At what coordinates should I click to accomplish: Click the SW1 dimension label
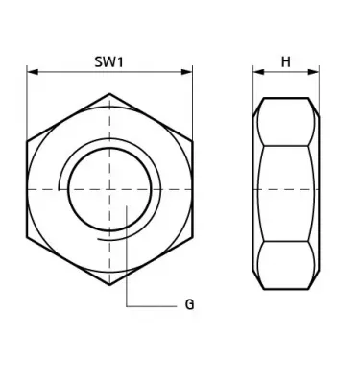coord(108,61)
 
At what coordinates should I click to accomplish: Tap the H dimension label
coord(286,61)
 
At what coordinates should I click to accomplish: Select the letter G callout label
coord(189,304)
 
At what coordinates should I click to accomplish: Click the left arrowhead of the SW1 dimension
coord(33,72)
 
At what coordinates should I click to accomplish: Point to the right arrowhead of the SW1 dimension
coord(186,72)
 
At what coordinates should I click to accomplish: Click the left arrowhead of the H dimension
coord(258,72)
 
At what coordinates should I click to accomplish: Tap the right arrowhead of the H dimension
coord(313,72)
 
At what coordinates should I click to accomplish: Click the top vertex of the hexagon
coord(109,93)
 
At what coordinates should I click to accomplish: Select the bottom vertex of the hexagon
coord(109,284)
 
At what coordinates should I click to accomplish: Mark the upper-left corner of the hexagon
coord(27,141)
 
